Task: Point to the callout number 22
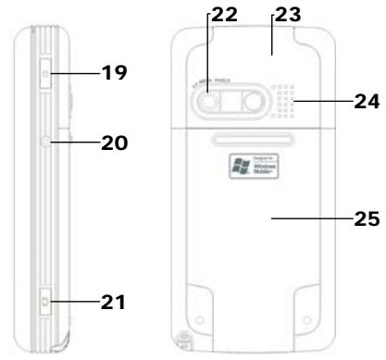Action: pos(224,16)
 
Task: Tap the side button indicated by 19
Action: pos(46,70)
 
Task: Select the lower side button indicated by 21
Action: pos(45,301)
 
